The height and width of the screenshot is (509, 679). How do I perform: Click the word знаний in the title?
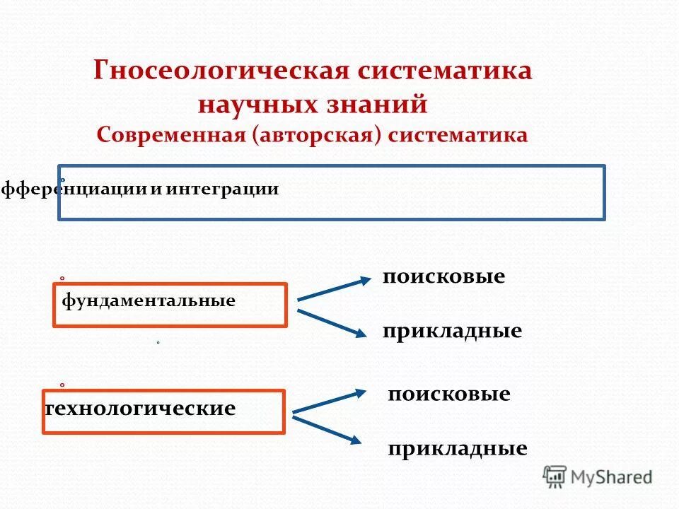tap(381, 105)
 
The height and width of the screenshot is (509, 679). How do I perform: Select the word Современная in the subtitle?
tap(172, 135)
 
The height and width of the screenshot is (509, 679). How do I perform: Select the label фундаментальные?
tap(149, 301)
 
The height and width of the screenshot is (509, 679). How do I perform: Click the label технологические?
tap(140, 409)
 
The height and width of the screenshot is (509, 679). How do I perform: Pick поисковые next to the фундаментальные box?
tap(443, 276)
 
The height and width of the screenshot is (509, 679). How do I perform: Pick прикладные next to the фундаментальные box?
tap(452, 331)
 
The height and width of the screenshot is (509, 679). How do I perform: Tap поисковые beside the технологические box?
tap(448, 394)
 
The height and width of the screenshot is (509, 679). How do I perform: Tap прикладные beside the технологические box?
tap(457, 448)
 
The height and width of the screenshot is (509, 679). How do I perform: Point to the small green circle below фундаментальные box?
tap(158, 343)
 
